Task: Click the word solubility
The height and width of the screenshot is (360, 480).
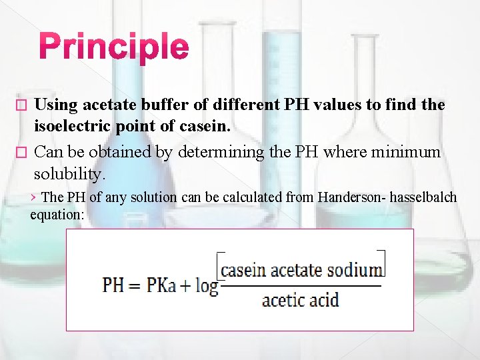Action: point(69,174)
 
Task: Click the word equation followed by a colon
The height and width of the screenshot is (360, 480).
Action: point(57,215)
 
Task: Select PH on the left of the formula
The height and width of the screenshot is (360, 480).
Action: point(113,286)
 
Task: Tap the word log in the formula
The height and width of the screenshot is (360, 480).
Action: point(207,287)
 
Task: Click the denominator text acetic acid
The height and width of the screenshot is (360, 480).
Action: point(300,300)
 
